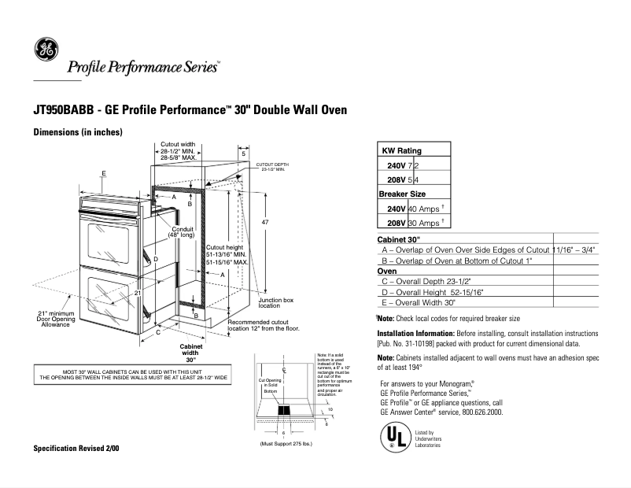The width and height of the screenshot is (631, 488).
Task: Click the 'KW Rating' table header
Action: [401, 150]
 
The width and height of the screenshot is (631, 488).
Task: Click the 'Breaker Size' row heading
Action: [402, 194]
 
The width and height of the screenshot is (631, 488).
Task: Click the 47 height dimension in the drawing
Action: [265, 223]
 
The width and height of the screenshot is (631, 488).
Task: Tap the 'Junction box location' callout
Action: [275, 303]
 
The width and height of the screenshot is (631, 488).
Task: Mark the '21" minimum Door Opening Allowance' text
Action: [56, 319]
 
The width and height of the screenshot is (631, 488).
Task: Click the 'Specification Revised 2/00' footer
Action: [76, 448]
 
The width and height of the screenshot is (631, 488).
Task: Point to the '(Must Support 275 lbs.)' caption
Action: [288, 444]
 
